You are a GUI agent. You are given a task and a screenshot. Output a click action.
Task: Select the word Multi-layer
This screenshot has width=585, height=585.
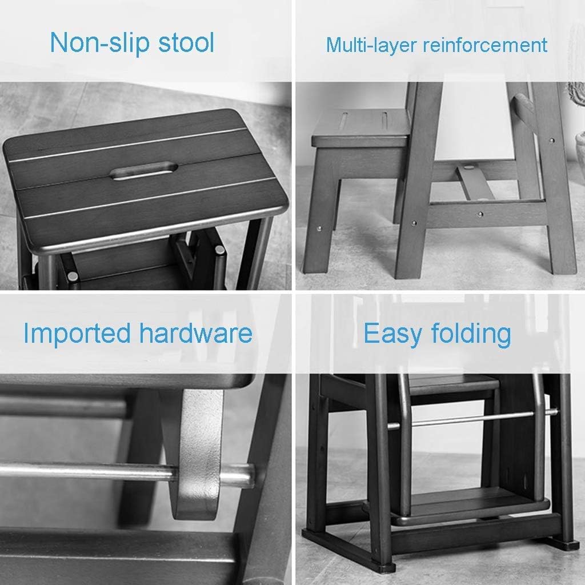point(371,45)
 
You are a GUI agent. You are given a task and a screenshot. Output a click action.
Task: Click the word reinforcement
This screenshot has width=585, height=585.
point(485,45)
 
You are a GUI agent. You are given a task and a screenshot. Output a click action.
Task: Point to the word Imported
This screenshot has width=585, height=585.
point(77,332)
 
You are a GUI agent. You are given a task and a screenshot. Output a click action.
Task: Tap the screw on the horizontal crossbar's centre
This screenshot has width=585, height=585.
point(480,214)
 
